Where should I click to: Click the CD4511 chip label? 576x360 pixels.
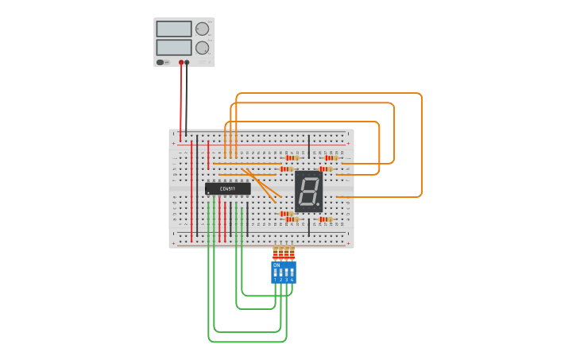[x=228, y=189]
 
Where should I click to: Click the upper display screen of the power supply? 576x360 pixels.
[x=174, y=29]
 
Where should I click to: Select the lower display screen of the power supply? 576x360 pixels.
[x=174, y=47]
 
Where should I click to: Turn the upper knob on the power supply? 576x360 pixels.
[x=202, y=29]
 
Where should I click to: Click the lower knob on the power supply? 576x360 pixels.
[x=202, y=48]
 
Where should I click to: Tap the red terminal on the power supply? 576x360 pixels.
[x=181, y=62]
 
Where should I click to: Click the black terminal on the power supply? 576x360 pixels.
[x=187, y=62]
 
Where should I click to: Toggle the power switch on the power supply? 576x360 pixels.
[x=160, y=62]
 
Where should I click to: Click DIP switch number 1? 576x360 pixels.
[x=276, y=273]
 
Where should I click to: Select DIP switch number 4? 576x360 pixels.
[x=292, y=273]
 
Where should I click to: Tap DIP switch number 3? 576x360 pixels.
[x=287, y=273]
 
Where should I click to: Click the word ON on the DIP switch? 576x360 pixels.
[x=276, y=265]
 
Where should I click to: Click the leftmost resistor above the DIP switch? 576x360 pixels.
[x=276, y=253]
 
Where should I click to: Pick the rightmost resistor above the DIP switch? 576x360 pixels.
[x=292, y=253]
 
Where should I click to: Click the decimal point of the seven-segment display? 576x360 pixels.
[x=319, y=204]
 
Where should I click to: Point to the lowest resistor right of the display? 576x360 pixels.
[x=324, y=219]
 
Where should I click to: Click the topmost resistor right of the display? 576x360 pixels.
[x=330, y=157]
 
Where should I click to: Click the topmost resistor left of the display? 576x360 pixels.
[x=292, y=157]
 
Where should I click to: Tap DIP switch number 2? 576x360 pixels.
[x=281, y=273]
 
